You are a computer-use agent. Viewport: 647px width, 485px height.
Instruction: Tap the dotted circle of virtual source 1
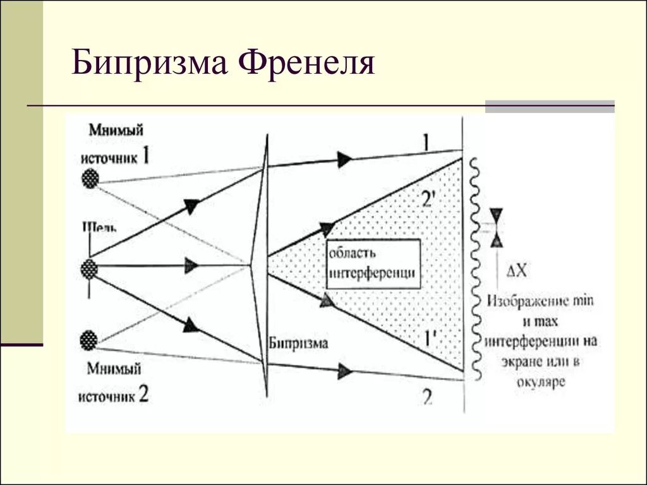point(91,178)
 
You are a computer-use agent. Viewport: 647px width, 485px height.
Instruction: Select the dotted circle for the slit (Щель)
point(90,269)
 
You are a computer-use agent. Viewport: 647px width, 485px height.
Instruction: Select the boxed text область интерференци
point(373,263)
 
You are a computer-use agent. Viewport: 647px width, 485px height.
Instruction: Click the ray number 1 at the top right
point(425,142)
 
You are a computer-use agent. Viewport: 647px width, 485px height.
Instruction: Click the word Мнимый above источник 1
point(116,130)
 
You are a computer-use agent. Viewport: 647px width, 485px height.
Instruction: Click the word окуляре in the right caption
point(541,381)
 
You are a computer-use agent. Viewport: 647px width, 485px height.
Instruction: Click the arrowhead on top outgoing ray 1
point(344,160)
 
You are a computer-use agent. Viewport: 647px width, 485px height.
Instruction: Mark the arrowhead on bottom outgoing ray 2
point(344,372)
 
